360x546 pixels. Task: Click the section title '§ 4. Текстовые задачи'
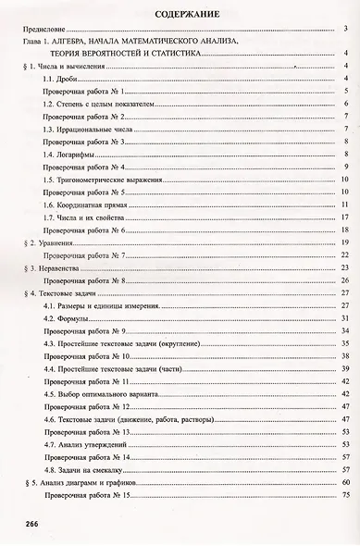(x=57, y=292)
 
